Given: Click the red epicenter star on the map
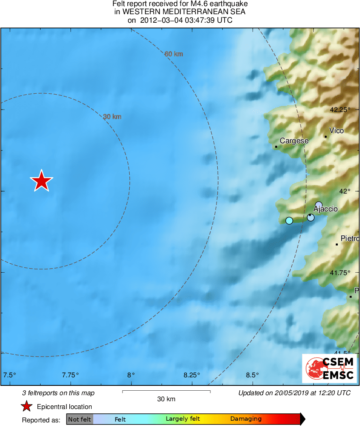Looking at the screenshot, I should pos(41,181).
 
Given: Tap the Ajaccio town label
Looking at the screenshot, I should pos(325,209).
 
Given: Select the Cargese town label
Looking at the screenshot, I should pos(294,141).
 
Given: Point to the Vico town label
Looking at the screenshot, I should pos(336,131).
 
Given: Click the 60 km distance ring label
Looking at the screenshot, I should pos(174,54).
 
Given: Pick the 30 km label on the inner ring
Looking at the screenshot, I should pos(112,117).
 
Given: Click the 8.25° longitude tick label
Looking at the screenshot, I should pos(191,374).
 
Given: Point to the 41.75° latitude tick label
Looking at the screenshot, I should pos(340,273).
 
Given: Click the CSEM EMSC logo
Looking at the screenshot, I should pos(330,368).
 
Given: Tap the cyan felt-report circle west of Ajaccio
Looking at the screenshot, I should pos(289,221).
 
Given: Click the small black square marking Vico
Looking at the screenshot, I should pos(326,137).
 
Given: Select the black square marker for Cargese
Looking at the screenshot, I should pos(276,146).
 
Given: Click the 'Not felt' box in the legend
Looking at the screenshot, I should pos(79,419).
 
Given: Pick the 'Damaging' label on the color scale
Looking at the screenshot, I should pos(246,419).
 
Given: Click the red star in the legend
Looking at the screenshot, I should pos(27,407).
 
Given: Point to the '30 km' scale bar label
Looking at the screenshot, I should pos(166,399).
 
